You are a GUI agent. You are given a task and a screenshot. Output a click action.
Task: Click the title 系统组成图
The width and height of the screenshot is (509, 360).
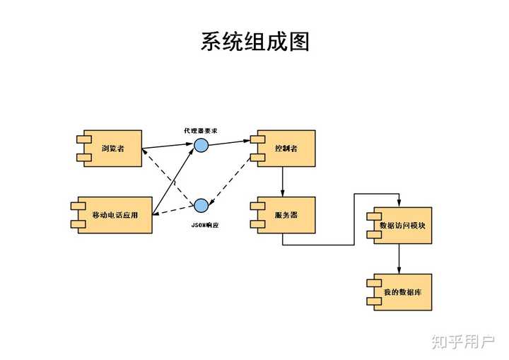255,41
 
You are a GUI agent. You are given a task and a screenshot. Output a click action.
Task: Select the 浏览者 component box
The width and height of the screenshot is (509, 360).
111,149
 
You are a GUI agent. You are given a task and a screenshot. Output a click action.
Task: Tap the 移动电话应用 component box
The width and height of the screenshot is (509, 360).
113,215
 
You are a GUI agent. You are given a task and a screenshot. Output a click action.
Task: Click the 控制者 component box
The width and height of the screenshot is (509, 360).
286,149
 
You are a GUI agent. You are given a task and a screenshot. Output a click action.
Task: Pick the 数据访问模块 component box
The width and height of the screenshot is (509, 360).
401,226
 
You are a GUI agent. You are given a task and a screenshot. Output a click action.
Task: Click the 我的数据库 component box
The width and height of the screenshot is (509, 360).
401,292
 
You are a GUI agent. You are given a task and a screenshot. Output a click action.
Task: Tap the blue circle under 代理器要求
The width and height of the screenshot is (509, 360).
201,145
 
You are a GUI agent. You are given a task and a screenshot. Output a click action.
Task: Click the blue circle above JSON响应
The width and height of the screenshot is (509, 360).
201,206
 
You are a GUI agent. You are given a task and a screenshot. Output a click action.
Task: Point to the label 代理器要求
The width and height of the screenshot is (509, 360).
201,132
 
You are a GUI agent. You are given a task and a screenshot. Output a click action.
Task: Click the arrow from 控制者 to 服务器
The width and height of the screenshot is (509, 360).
283,182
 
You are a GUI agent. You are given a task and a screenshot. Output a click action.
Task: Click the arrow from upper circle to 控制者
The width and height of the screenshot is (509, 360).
230,141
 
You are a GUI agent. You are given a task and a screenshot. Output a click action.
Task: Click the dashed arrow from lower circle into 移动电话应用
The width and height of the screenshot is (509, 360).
173,210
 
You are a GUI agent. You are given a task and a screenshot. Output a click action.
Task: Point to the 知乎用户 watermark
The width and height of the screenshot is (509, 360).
463,342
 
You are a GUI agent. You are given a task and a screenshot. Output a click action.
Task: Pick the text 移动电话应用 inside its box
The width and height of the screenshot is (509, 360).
115,215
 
